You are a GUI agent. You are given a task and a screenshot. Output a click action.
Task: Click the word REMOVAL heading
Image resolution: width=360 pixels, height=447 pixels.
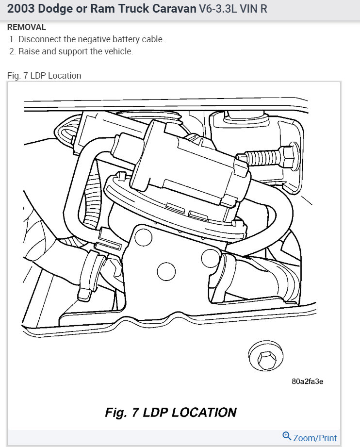[x=27, y=27]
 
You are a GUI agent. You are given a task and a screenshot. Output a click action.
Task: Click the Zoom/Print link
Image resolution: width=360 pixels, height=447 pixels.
[x=315, y=438]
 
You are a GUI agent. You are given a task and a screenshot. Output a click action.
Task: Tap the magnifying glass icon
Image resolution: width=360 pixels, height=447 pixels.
[x=286, y=436]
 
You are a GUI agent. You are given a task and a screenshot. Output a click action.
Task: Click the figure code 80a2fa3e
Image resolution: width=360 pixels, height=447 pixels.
[x=307, y=381]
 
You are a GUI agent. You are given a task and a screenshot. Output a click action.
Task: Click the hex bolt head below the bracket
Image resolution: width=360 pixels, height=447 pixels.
[x=266, y=357]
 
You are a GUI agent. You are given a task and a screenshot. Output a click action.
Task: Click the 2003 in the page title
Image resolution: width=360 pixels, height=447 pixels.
[x=20, y=9]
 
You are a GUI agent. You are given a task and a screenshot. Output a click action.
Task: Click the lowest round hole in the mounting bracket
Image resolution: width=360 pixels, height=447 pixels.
[x=166, y=271]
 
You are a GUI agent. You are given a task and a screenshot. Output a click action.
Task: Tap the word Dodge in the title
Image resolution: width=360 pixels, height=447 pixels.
[x=55, y=9]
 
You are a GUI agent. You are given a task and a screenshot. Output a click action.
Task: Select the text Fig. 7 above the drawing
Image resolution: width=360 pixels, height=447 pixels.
[x=17, y=76]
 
